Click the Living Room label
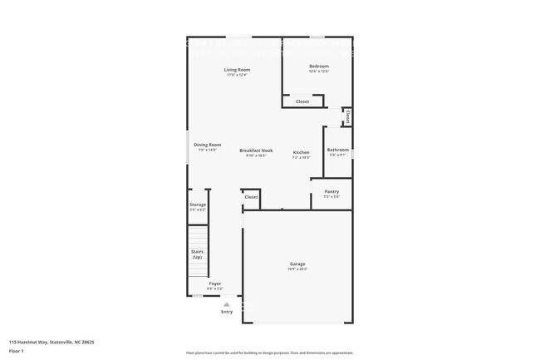(x=237, y=69)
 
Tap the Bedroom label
(x=319, y=66)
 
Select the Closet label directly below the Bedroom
(x=302, y=101)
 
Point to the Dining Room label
(x=207, y=145)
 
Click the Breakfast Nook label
(x=253, y=150)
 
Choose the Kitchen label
(x=301, y=152)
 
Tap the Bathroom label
(x=337, y=150)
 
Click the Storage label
(x=198, y=205)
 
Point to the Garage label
(x=297, y=264)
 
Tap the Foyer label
(x=214, y=284)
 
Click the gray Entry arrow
(x=226, y=304)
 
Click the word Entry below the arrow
(x=226, y=312)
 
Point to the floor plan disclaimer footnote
(x=270, y=353)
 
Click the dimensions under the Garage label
(x=297, y=269)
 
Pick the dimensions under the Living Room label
(x=237, y=75)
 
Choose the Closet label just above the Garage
(x=251, y=197)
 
